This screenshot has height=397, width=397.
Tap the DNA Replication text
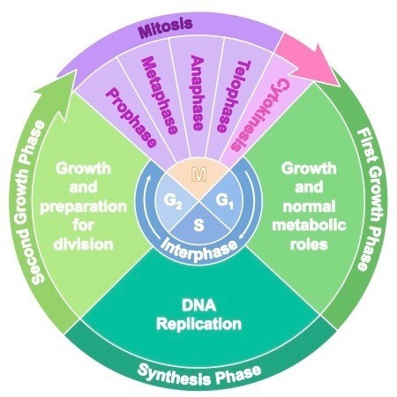point(198,315)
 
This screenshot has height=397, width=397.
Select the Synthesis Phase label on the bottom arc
point(198,372)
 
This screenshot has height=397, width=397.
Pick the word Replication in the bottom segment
point(198,324)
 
